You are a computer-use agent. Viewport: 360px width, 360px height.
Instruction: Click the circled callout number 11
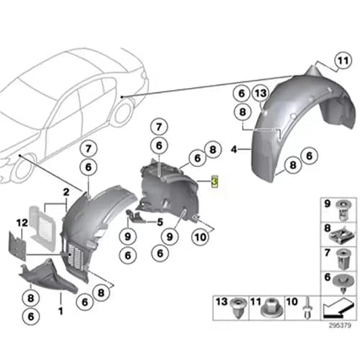point(343,60)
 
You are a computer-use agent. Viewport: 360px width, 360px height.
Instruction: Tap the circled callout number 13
point(261,93)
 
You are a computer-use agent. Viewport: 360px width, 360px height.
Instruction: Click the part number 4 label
point(234,149)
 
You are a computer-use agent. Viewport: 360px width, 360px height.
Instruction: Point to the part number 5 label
point(160,222)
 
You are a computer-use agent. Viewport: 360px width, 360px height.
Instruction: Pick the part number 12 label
point(22,222)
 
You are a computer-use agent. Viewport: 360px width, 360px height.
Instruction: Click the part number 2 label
point(66,192)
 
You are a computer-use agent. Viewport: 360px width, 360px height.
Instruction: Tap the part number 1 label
point(60,311)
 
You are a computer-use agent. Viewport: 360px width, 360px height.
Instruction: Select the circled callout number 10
point(200,237)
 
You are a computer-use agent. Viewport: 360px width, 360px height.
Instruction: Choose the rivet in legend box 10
point(308,308)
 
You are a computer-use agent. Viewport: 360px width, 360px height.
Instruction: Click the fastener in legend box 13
point(238,308)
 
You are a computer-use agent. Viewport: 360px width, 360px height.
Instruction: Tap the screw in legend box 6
point(344,283)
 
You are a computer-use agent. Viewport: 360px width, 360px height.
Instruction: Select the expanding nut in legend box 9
point(344,210)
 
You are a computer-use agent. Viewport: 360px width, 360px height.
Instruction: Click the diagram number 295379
point(340,325)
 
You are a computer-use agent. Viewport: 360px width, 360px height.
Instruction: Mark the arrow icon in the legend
point(338,308)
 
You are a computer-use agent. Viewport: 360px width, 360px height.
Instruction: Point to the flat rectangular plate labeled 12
point(17,246)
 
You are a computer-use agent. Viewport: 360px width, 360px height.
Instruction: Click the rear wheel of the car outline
point(123,112)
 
